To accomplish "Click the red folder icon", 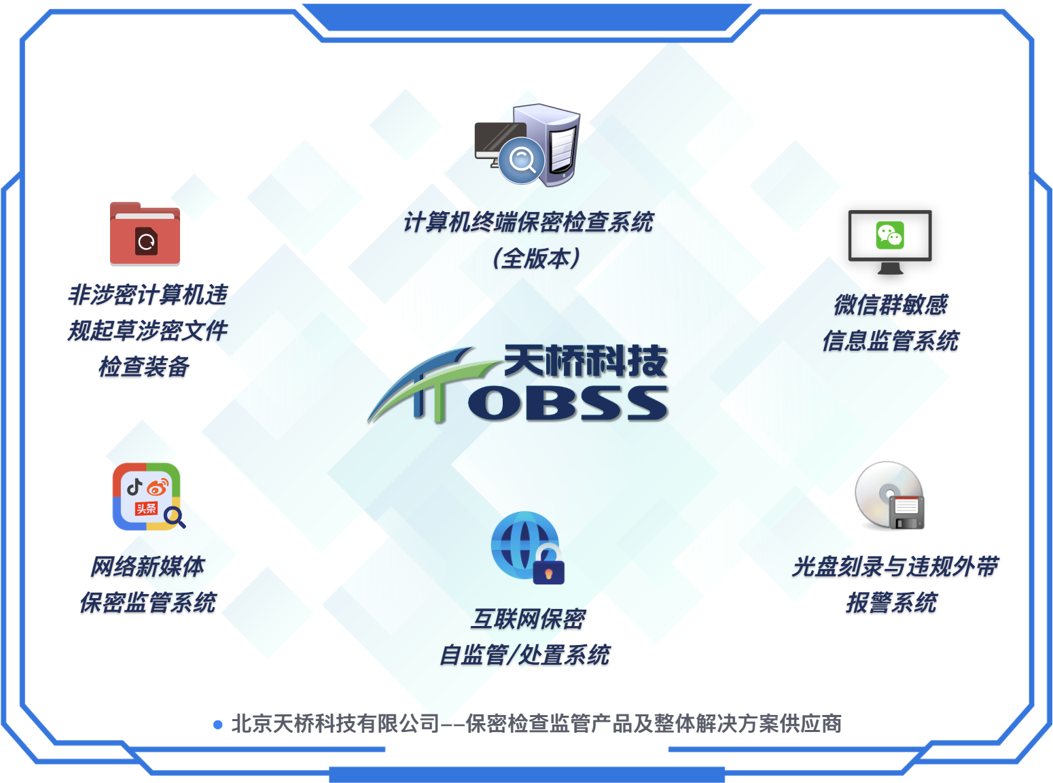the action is (145, 234).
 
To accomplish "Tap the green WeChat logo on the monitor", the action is (890, 235).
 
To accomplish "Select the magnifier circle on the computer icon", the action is (521, 160).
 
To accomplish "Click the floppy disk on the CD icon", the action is (906, 512).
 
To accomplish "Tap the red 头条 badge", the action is (146, 508).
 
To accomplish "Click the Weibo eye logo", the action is (158, 487).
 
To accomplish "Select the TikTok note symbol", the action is (135, 487).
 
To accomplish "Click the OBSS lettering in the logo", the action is (568, 403).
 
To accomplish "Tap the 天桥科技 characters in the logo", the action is (586, 361).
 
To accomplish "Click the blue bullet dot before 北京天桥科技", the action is (218, 725).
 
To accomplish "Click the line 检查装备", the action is (144, 366).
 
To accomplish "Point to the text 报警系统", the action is (891, 602).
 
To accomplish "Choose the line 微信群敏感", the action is (891, 304).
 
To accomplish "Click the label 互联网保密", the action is (527, 619).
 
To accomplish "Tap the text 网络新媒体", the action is (147, 566).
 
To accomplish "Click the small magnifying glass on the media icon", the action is (175, 517).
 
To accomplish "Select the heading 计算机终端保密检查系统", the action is (528, 222).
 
